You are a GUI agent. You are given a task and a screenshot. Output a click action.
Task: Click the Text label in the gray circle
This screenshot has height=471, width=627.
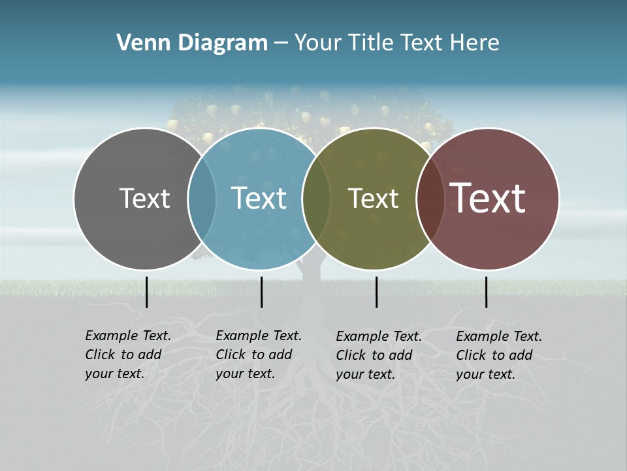(x=144, y=199)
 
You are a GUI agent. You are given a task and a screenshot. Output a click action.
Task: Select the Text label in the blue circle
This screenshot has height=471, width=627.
(x=259, y=199)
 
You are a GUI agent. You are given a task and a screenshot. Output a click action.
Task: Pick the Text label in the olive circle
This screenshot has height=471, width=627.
(x=373, y=199)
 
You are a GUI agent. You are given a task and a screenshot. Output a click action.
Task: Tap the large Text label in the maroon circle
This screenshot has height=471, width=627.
(x=488, y=198)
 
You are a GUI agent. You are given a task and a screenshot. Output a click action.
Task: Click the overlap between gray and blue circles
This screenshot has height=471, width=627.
(x=202, y=199)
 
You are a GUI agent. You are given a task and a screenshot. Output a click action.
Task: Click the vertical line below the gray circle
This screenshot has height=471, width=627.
(x=146, y=292)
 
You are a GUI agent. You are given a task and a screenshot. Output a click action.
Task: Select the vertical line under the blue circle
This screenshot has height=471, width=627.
(x=261, y=292)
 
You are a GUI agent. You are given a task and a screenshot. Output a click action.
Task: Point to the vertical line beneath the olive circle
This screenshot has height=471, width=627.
(x=376, y=292)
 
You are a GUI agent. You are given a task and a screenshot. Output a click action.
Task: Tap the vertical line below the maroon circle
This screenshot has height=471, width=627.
(x=486, y=292)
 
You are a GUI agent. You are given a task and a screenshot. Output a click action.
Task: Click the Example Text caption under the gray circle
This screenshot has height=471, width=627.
(x=128, y=355)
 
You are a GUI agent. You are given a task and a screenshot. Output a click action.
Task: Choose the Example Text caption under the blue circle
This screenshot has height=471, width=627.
(x=259, y=355)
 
